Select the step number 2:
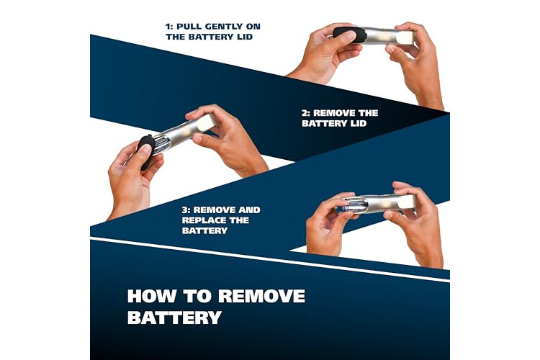pos(306,113)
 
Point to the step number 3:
pos(186,210)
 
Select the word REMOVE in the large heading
pos(261,296)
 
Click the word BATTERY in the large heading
pos(174,318)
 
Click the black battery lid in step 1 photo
pos(349,35)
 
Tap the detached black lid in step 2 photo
pos(145,152)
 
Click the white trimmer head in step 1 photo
pos(405,37)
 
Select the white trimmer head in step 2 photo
pos(206,122)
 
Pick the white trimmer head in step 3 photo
pos(406,202)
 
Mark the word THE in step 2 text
pos(369,113)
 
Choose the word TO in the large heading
pos(197,296)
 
